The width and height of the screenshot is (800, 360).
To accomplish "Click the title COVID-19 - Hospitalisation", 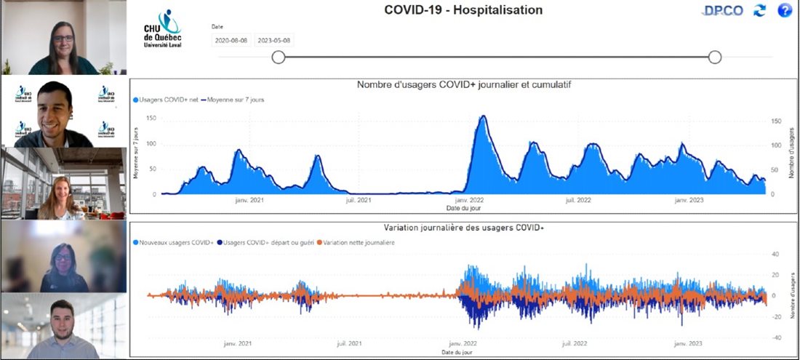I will coord(463,10).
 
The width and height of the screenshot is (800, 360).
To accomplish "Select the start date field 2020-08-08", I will coord(231,41).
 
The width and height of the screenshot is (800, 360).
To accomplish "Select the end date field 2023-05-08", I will coord(274,41).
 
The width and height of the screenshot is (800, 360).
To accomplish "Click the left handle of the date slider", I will coord(278,57).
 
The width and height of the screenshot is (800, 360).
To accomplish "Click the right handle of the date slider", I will coord(715,57).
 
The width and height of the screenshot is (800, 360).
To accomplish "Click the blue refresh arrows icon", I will coord(760,11).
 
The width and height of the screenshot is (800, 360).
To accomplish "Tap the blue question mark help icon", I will coord(785,11).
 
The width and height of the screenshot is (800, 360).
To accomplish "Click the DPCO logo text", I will coord(724,11).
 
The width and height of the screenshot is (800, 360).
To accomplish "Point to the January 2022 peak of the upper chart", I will coord(481,117).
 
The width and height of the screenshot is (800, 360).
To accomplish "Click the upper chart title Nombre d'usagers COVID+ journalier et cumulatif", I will coord(464,85).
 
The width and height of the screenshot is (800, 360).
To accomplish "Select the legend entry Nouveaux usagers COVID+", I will coord(177,242).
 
